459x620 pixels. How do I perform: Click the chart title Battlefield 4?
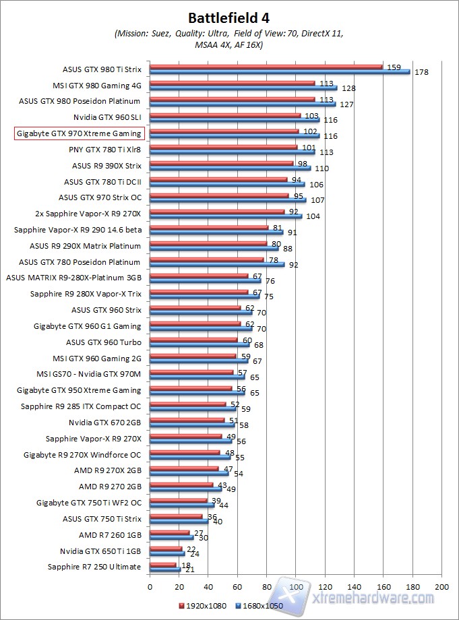pos(229,17)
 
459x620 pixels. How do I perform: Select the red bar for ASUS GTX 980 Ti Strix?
pos(266,67)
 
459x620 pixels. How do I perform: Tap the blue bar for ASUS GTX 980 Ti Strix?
pos(280,71)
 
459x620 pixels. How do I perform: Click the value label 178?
pos(421,72)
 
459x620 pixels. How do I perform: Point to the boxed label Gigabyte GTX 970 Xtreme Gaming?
pos(78,133)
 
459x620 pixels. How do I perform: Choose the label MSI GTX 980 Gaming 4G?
pos(97,86)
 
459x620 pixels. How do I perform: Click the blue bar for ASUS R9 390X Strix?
pos(230,168)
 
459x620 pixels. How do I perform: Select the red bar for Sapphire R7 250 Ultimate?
pos(162,565)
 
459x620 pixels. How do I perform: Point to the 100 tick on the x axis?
pos(296,586)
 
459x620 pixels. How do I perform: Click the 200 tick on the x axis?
pos(441,586)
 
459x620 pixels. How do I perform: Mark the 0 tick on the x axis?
pos(150,586)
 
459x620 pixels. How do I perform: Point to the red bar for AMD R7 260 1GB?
pos(169,532)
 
